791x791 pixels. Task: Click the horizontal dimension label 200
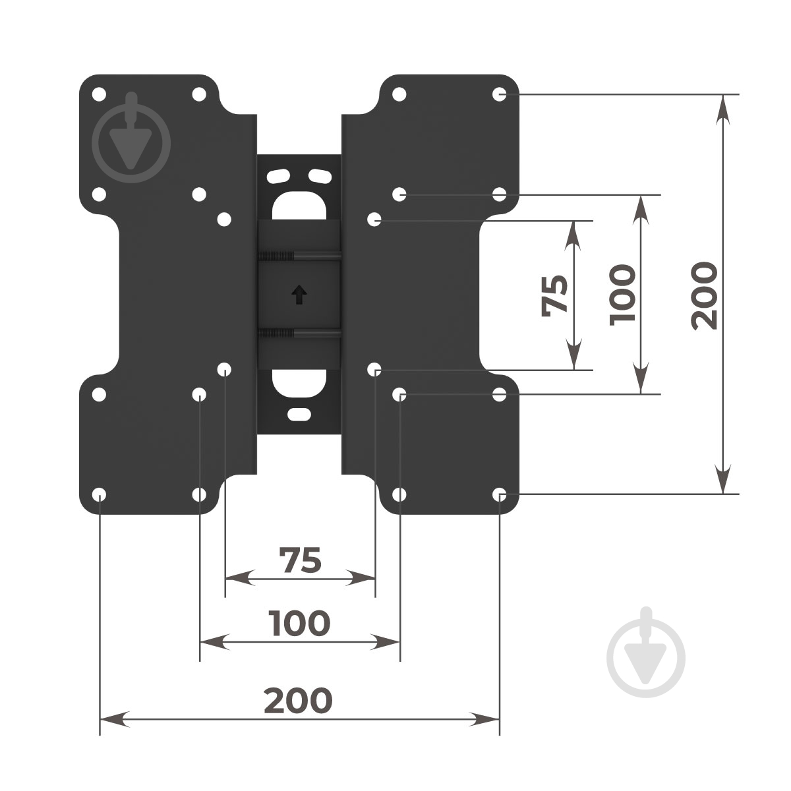tap(298, 700)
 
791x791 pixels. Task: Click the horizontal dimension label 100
tap(299, 623)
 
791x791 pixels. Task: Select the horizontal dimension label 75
tap(300, 560)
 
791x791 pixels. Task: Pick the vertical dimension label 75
tap(554, 295)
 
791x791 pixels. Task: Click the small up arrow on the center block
tap(299, 294)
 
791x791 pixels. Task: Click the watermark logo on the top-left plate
tap(131, 138)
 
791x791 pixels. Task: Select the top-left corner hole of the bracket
tap(99, 94)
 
